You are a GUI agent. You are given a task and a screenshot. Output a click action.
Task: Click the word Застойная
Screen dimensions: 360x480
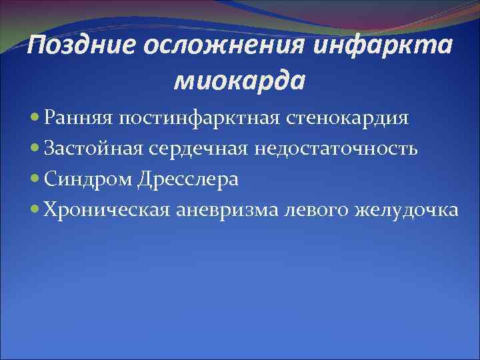click(x=91, y=149)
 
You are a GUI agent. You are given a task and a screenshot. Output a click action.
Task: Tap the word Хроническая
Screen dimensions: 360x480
click(x=107, y=211)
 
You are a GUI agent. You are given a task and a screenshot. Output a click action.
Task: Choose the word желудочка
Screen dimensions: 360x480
click(x=407, y=211)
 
